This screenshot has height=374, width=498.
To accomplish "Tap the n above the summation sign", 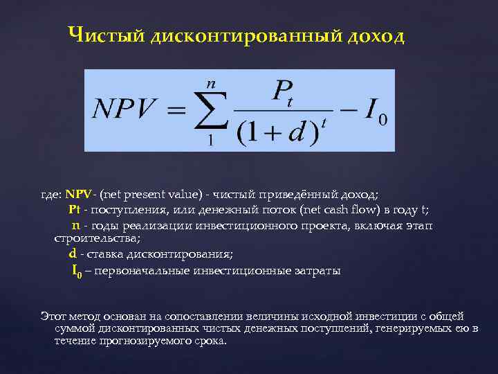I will (x=211, y=82).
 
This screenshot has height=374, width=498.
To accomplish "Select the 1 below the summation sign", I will (x=210, y=141).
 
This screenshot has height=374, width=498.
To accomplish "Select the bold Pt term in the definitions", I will (x=75, y=210).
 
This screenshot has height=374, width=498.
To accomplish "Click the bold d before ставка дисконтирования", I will (x=73, y=254).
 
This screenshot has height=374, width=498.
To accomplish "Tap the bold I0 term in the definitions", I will (x=77, y=270).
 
